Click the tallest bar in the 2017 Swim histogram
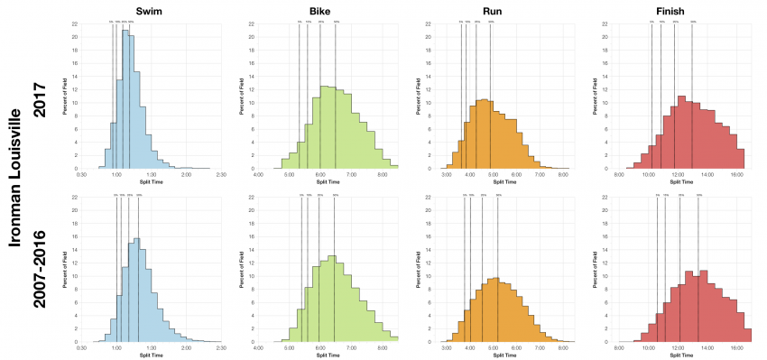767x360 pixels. pos(125,99)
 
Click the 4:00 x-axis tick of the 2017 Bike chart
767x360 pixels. pos(259,175)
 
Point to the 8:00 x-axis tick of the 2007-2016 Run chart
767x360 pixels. pos(563,348)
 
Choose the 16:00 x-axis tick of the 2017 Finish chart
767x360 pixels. pos(736,175)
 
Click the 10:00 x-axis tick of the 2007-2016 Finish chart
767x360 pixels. pos(648,348)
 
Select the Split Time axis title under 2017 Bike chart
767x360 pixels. pos(328,182)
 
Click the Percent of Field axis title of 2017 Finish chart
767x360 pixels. pos(596,95)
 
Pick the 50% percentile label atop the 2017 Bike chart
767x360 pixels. pos(337,21)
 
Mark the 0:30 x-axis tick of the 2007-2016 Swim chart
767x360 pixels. pos(82,348)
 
